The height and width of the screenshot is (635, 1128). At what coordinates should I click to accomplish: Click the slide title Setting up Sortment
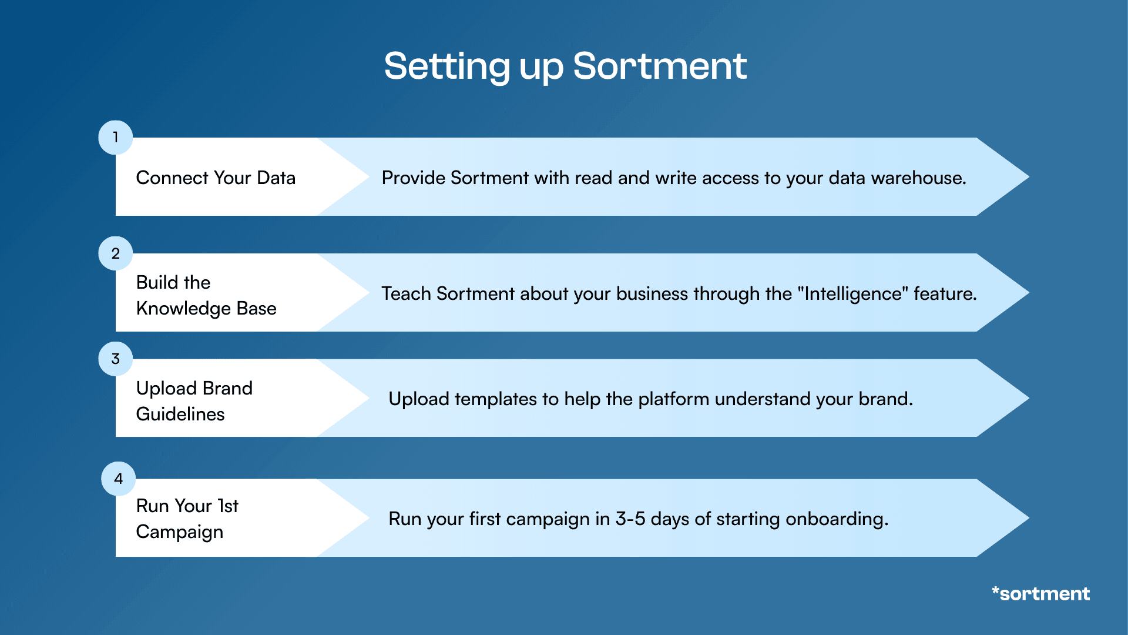coord(565,66)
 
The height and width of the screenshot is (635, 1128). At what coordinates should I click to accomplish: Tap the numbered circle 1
coord(115,138)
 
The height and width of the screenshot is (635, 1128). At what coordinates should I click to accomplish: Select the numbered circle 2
coord(115,253)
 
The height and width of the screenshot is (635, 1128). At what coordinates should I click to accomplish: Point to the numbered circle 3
coord(115,359)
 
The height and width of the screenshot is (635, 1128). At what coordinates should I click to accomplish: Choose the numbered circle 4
coord(118,479)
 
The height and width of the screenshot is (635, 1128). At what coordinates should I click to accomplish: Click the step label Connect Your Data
coord(216,178)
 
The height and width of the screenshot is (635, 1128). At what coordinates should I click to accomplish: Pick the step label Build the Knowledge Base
coord(206,295)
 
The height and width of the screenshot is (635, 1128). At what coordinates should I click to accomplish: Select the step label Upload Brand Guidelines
coord(194,401)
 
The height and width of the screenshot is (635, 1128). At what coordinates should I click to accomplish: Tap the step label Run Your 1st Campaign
coord(187,519)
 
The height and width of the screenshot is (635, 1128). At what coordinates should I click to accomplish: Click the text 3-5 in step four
coord(630,519)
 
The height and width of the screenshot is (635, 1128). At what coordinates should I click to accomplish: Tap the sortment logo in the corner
coord(1040,593)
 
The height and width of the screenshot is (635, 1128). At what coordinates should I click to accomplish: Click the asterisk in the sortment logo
coord(996,590)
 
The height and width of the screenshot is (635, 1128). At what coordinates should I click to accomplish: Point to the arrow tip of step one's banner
coord(1029,176)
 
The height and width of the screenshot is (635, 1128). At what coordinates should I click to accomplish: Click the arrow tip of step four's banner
coord(1029,518)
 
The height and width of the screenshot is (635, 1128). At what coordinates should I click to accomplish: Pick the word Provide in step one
coord(414,178)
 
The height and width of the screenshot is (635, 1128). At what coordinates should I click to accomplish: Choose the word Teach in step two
coord(406,293)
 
